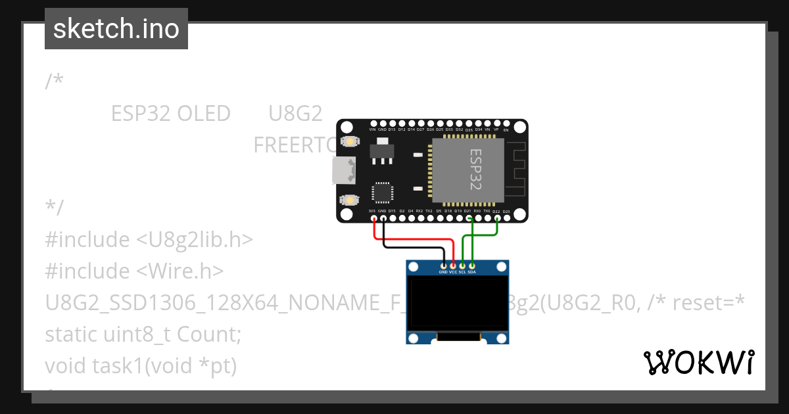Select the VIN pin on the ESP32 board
pyautogui.click(x=373, y=123)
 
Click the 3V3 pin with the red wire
pyautogui.click(x=373, y=217)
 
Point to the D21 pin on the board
pyautogui.click(x=467, y=217)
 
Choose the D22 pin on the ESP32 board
pyautogui.click(x=496, y=217)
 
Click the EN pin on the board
pyautogui.click(x=506, y=123)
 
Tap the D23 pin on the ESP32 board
pyautogui.click(x=506, y=217)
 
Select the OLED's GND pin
pyautogui.click(x=443, y=265)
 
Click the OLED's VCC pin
pyautogui.click(x=452, y=265)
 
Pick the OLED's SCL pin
pyautogui.click(x=462, y=265)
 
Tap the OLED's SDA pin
pyautogui.click(x=471, y=265)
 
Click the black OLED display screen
pyautogui.click(x=458, y=303)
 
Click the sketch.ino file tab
pyautogui.click(x=116, y=29)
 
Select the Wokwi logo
pyautogui.click(x=698, y=362)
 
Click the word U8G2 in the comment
pyautogui.click(x=295, y=114)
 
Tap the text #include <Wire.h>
pyautogui.click(x=135, y=271)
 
